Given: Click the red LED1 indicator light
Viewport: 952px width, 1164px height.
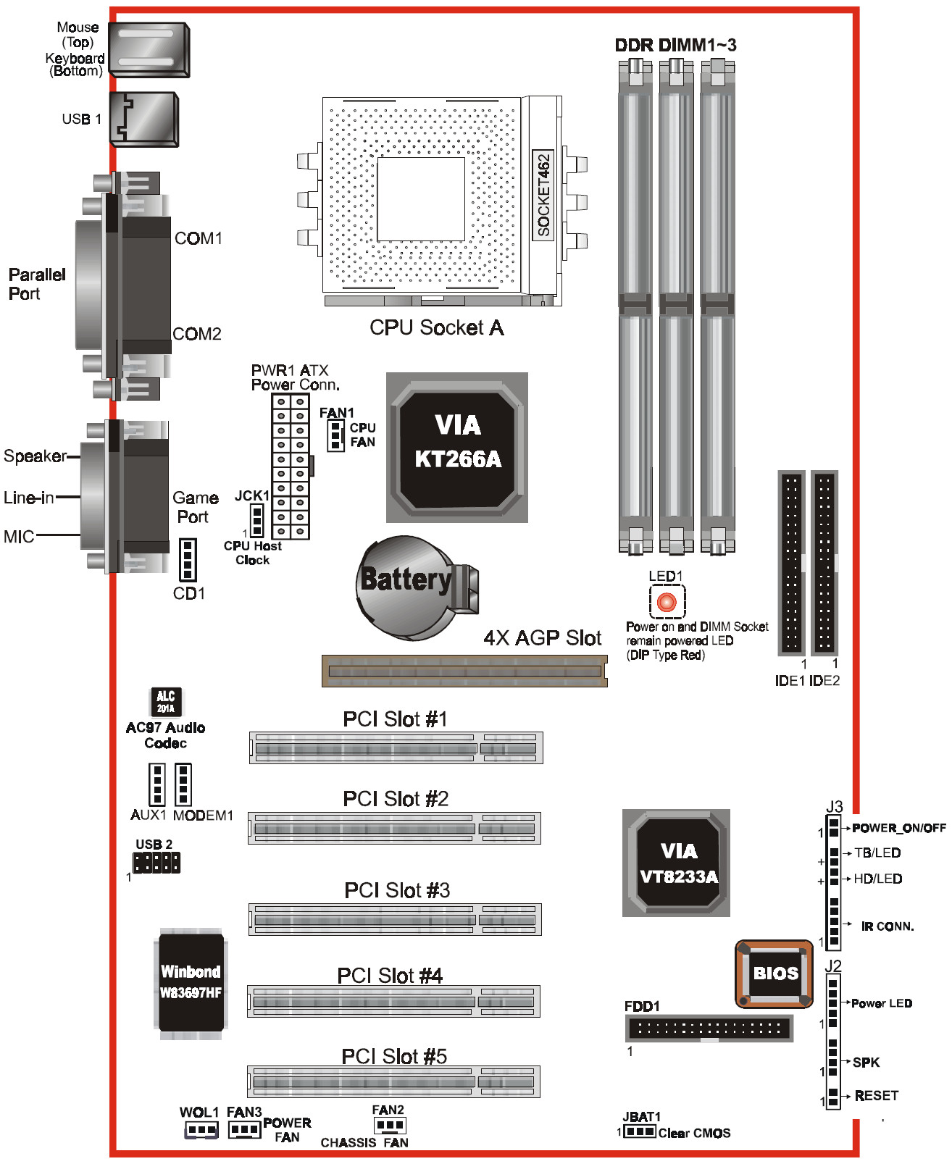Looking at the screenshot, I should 666,602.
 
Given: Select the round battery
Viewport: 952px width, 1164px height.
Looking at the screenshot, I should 406,587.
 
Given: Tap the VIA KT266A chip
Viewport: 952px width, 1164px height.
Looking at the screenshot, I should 457,447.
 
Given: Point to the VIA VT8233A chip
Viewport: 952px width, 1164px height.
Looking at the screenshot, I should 677,863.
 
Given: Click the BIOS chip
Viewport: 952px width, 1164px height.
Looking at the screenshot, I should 774,974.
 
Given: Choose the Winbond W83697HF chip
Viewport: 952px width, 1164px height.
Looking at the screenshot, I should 191,982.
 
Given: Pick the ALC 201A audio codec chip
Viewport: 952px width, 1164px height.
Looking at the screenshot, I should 166,701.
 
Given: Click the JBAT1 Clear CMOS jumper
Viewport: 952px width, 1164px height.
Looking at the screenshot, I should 640,1131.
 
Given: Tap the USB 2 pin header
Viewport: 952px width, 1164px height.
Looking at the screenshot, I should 156,862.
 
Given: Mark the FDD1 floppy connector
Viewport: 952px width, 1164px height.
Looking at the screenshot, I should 709,1028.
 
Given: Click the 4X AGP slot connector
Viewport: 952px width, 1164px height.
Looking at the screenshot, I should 464,671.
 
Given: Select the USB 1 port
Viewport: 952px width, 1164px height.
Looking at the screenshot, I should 144,120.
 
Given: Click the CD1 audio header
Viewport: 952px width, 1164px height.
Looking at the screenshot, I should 188,559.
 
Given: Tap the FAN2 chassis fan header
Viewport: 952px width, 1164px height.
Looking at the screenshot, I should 390,1125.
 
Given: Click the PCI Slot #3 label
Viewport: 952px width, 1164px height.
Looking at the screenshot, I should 397,890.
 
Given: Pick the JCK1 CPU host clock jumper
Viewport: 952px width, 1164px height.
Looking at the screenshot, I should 256,519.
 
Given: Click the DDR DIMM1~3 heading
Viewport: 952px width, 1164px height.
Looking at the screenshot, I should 675,45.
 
